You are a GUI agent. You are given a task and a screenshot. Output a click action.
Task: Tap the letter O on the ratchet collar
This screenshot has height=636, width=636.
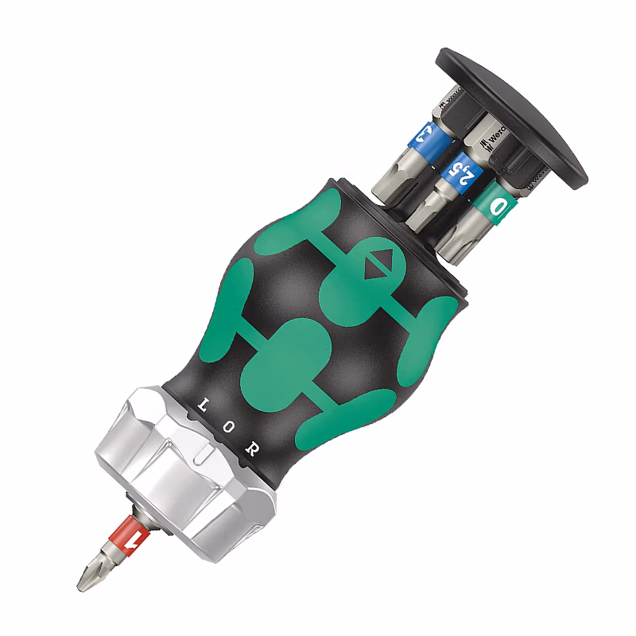228,426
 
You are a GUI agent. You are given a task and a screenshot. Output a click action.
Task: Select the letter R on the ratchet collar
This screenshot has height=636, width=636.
252,448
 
